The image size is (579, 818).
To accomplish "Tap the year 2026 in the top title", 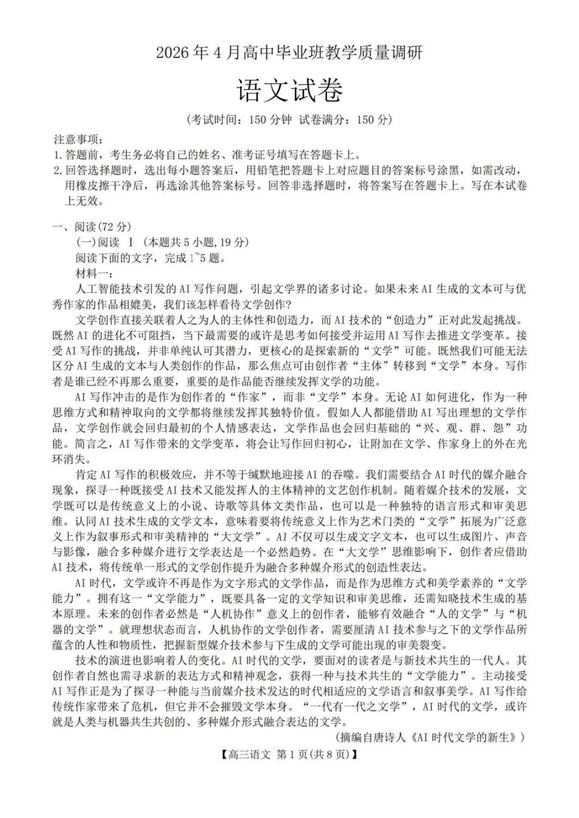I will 173,53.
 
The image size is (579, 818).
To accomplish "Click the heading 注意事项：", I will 78,140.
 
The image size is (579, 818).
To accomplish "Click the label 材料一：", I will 93,273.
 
